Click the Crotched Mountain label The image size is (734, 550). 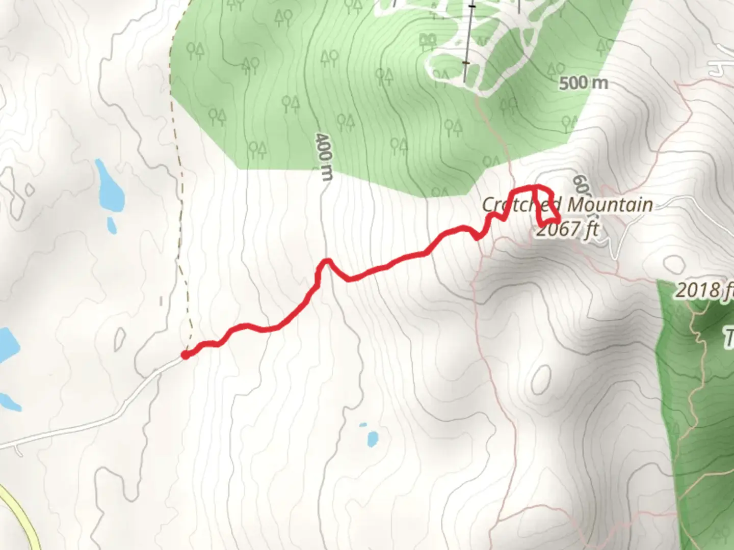click(567, 205)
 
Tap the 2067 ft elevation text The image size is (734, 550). click(567, 230)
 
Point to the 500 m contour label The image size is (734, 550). click(583, 83)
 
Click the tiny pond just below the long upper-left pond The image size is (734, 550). click(112, 225)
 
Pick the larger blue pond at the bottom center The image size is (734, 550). click(373, 438)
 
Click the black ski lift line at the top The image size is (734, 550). click(469, 41)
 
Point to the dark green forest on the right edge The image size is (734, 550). click(698, 407)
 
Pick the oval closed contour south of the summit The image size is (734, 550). click(540, 380)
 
